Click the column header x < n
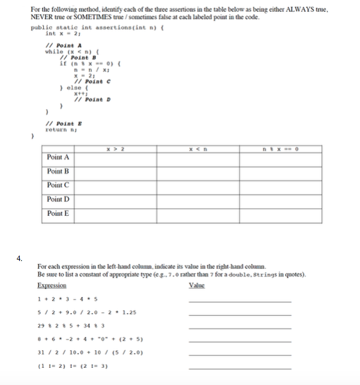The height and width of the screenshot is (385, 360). [x=197, y=147]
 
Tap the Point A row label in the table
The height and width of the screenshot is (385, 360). [x=58, y=157]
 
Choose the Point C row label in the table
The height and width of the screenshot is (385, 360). [x=58, y=185]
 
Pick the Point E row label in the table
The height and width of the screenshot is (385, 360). [x=58, y=213]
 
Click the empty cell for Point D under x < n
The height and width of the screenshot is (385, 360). [x=197, y=199]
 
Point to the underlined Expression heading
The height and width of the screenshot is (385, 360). [x=52, y=286]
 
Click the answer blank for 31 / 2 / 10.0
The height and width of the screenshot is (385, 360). [x=239, y=355]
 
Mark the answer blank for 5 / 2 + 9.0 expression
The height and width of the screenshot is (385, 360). [x=239, y=314]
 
